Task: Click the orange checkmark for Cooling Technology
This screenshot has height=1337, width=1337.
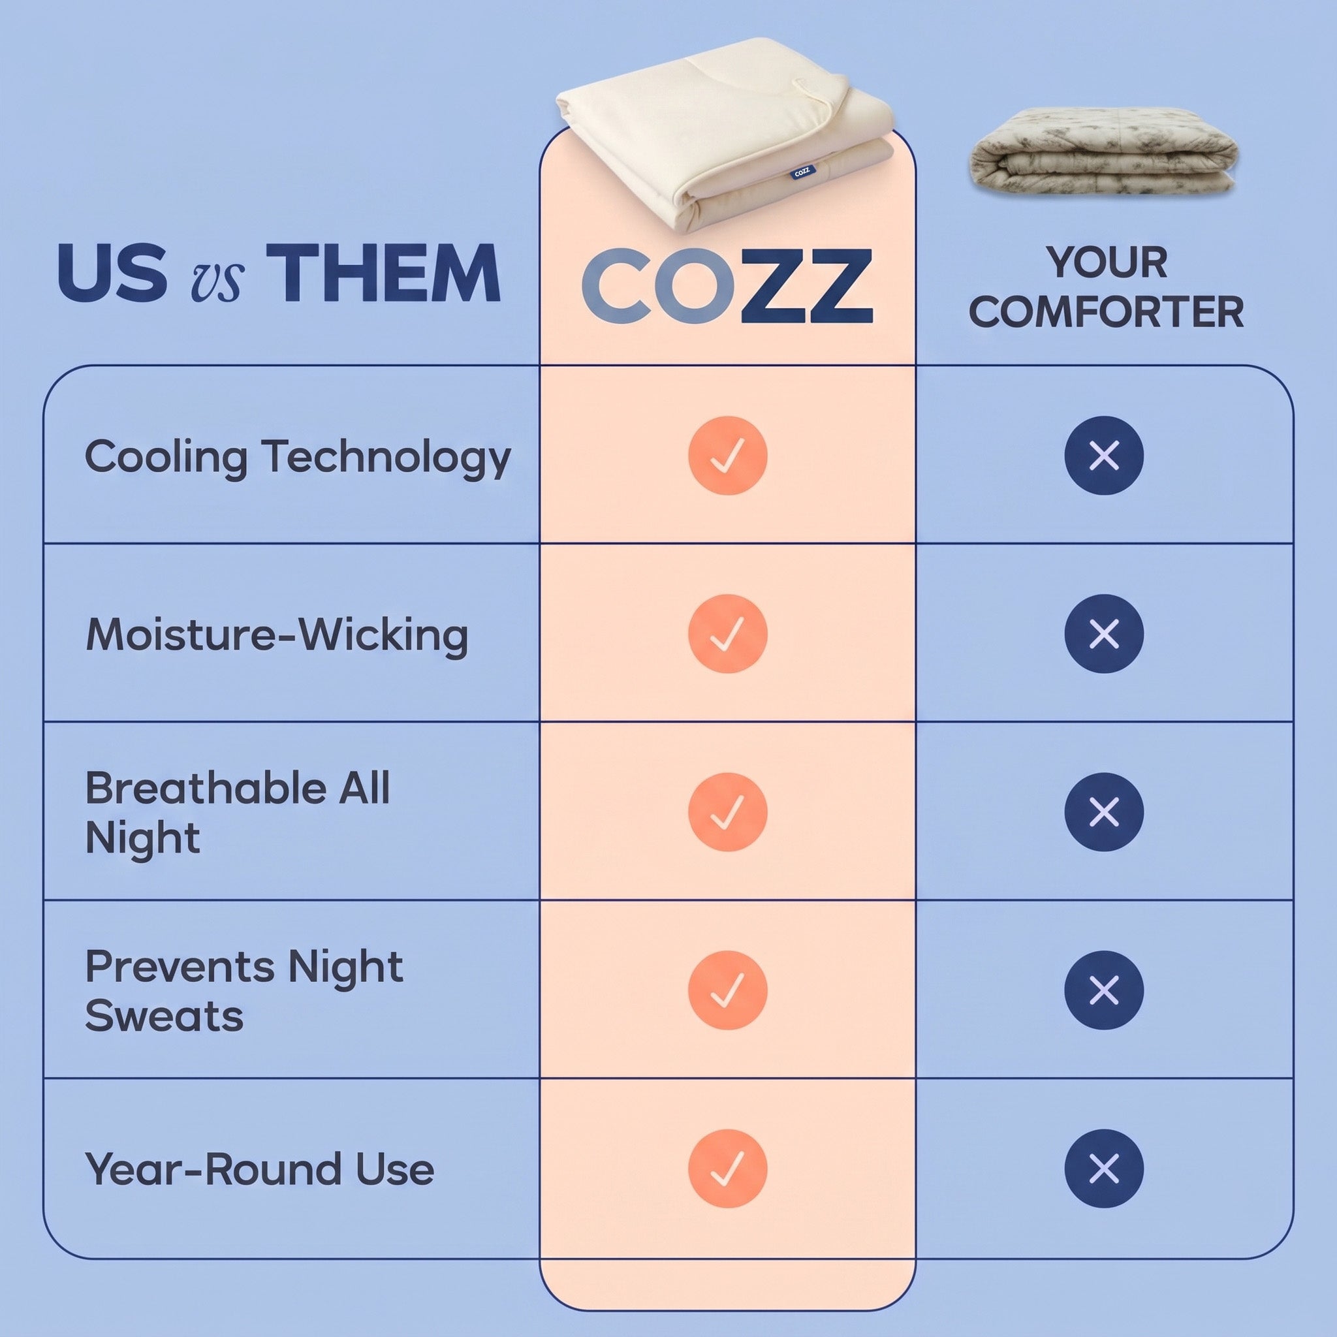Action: click(x=727, y=456)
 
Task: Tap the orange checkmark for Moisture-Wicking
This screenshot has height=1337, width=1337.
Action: click(x=727, y=633)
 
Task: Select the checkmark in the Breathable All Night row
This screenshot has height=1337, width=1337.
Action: click(x=727, y=811)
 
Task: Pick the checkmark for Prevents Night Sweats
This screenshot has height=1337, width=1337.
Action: click(x=727, y=990)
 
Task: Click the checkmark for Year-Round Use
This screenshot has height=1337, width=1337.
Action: click(x=727, y=1168)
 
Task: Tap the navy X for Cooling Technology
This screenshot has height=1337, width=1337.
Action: click(x=1104, y=456)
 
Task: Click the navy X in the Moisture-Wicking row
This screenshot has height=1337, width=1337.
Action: click(x=1104, y=633)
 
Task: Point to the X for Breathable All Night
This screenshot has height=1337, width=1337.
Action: click(x=1104, y=811)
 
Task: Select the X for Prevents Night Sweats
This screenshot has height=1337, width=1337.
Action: click(x=1104, y=990)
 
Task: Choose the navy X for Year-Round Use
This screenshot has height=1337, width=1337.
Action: click(x=1104, y=1168)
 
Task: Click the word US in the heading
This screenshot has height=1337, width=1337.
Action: click(x=113, y=274)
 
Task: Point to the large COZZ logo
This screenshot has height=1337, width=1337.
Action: click(x=727, y=286)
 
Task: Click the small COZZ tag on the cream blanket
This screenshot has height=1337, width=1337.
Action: click(x=802, y=172)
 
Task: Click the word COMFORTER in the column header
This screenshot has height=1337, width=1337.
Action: click(x=1105, y=312)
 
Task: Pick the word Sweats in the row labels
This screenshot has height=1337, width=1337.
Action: click(x=164, y=1016)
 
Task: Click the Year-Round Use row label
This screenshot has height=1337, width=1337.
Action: click(x=260, y=1169)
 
